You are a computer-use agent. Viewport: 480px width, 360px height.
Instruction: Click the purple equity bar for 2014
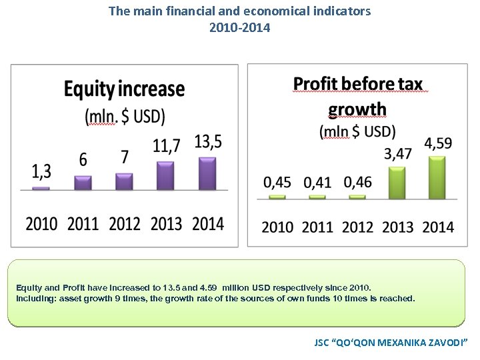pos(207,173)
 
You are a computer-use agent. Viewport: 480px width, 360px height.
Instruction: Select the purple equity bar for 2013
pos(165,176)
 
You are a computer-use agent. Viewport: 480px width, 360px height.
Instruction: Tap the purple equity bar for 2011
pos(83,183)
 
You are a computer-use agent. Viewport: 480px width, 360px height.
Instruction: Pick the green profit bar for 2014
pos(437,177)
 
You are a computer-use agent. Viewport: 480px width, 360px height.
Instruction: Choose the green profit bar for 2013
pos(397,182)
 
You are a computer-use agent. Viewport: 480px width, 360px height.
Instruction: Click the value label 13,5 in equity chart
pos(208,142)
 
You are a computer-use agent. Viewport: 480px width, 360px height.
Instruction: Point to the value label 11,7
pos(166,146)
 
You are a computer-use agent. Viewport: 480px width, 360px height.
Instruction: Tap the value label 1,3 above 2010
pos(41,172)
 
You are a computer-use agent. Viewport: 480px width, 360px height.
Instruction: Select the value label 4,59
pos(438,143)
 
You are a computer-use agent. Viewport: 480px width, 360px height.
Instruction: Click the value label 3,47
pos(398,154)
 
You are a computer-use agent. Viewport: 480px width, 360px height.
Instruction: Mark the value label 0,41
pos(317,182)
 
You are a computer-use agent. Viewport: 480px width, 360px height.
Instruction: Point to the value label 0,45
pos(277,182)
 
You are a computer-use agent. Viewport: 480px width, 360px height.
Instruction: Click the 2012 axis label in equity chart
pos(125,223)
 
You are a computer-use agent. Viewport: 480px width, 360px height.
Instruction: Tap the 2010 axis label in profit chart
pos(277,227)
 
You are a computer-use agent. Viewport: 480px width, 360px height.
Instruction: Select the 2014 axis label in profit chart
pos(438,227)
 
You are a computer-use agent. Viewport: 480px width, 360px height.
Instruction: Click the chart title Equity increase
pos(124,89)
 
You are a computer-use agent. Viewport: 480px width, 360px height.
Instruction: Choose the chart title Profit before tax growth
pos(358,95)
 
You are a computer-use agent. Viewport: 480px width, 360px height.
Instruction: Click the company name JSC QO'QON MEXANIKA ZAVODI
pos(391,342)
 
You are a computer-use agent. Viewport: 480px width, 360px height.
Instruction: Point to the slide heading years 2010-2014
pos(239,27)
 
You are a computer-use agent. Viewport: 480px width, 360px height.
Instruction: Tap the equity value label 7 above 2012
pos(124,157)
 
